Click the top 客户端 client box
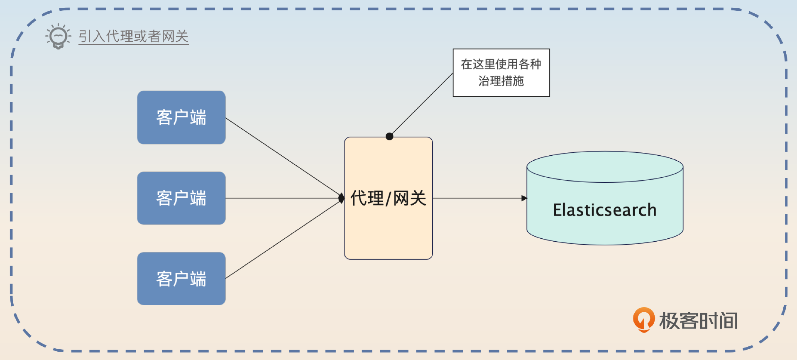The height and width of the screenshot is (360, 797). tap(181, 118)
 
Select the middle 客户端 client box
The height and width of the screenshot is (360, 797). tap(181, 198)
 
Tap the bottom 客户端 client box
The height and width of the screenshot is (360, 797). tap(181, 279)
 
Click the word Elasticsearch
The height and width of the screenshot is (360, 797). tap(605, 210)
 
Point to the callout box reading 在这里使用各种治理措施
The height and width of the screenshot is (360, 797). tap(501, 73)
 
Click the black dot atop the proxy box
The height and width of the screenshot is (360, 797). tap(389, 136)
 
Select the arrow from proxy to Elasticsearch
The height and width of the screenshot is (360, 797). tap(477, 198)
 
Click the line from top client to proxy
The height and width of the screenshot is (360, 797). tap(282, 157)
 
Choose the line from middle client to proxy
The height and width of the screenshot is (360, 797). tap(282, 198)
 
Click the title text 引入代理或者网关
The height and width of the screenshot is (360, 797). tap(134, 37)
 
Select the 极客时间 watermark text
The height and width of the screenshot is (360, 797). tap(699, 321)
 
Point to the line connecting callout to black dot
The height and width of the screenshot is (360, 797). tap(421, 105)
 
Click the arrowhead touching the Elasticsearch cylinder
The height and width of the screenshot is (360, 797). tap(524, 198)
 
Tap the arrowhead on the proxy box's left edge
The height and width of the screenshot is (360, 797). tap(342, 198)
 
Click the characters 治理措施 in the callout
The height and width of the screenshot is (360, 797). tap(501, 81)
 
